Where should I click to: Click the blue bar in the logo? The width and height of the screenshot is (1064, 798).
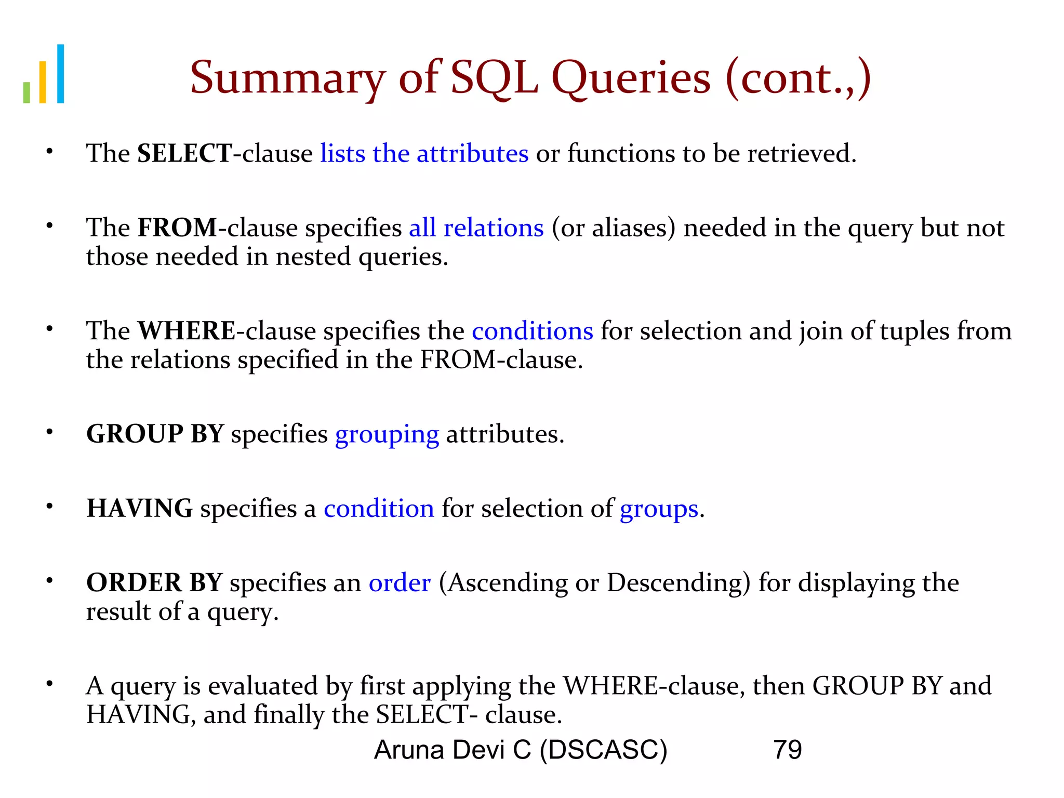[x=61, y=74]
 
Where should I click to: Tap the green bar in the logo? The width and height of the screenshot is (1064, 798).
[x=26, y=92]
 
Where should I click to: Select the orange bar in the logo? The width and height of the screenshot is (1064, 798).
[x=43, y=82]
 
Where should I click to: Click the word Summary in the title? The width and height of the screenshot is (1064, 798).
[x=287, y=78]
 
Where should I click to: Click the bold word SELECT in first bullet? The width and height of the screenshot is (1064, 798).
[x=184, y=154]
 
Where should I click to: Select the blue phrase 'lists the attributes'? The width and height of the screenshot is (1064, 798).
[x=424, y=154]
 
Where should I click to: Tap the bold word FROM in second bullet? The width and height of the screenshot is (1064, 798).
[x=177, y=228]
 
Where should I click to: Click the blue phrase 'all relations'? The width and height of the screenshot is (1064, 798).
[x=476, y=228]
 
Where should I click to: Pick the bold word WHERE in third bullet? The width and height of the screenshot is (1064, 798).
[x=187, y=331]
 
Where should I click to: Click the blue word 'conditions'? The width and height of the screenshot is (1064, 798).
[x=532, y=331]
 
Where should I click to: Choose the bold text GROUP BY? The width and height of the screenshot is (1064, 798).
[x=155, y=434]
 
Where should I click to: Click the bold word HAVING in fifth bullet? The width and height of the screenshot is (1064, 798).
[x=139, y=508]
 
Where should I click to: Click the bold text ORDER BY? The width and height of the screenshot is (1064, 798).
[x=154, y=582]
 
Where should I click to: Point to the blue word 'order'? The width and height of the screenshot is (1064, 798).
[x=400, y=583]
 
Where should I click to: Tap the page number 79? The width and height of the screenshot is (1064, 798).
[x=787, y=750]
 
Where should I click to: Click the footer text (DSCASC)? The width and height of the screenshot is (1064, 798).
[x=603, y=750]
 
